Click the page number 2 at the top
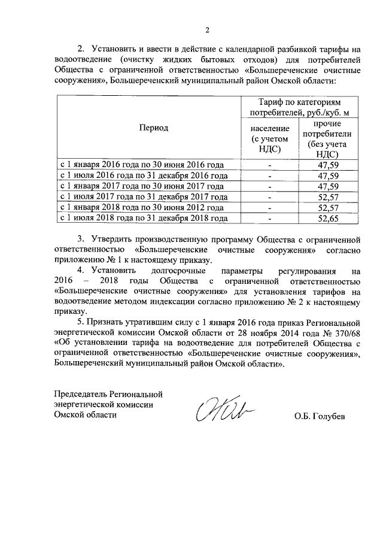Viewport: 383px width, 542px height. click(208, 31)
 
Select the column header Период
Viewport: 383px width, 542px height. click(154, 128)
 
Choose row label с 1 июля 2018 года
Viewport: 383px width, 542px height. click(142, 219)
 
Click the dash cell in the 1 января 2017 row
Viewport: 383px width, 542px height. click(270, 186)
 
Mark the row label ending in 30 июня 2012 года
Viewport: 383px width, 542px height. click(142, 208)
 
